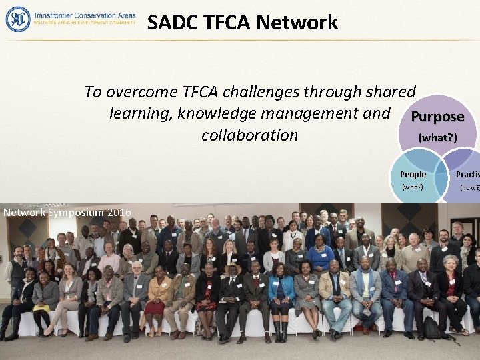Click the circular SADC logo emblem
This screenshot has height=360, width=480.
[x=18, y=19]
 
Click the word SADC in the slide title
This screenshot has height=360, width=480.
[x=169, y=23]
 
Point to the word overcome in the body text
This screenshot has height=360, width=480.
[x=140, y=91]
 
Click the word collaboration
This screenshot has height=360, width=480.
[x=249, y=135]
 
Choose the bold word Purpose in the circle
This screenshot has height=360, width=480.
[x=437, y=117]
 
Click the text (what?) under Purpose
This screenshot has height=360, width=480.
[x=437, y=138]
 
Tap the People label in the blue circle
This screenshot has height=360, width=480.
[x=413, y=175]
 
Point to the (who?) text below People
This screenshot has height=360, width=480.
[x=412, y=187]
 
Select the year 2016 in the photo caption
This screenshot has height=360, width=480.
[x=119, y=212]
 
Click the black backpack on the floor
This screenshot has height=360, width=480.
[x=432, y=327]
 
